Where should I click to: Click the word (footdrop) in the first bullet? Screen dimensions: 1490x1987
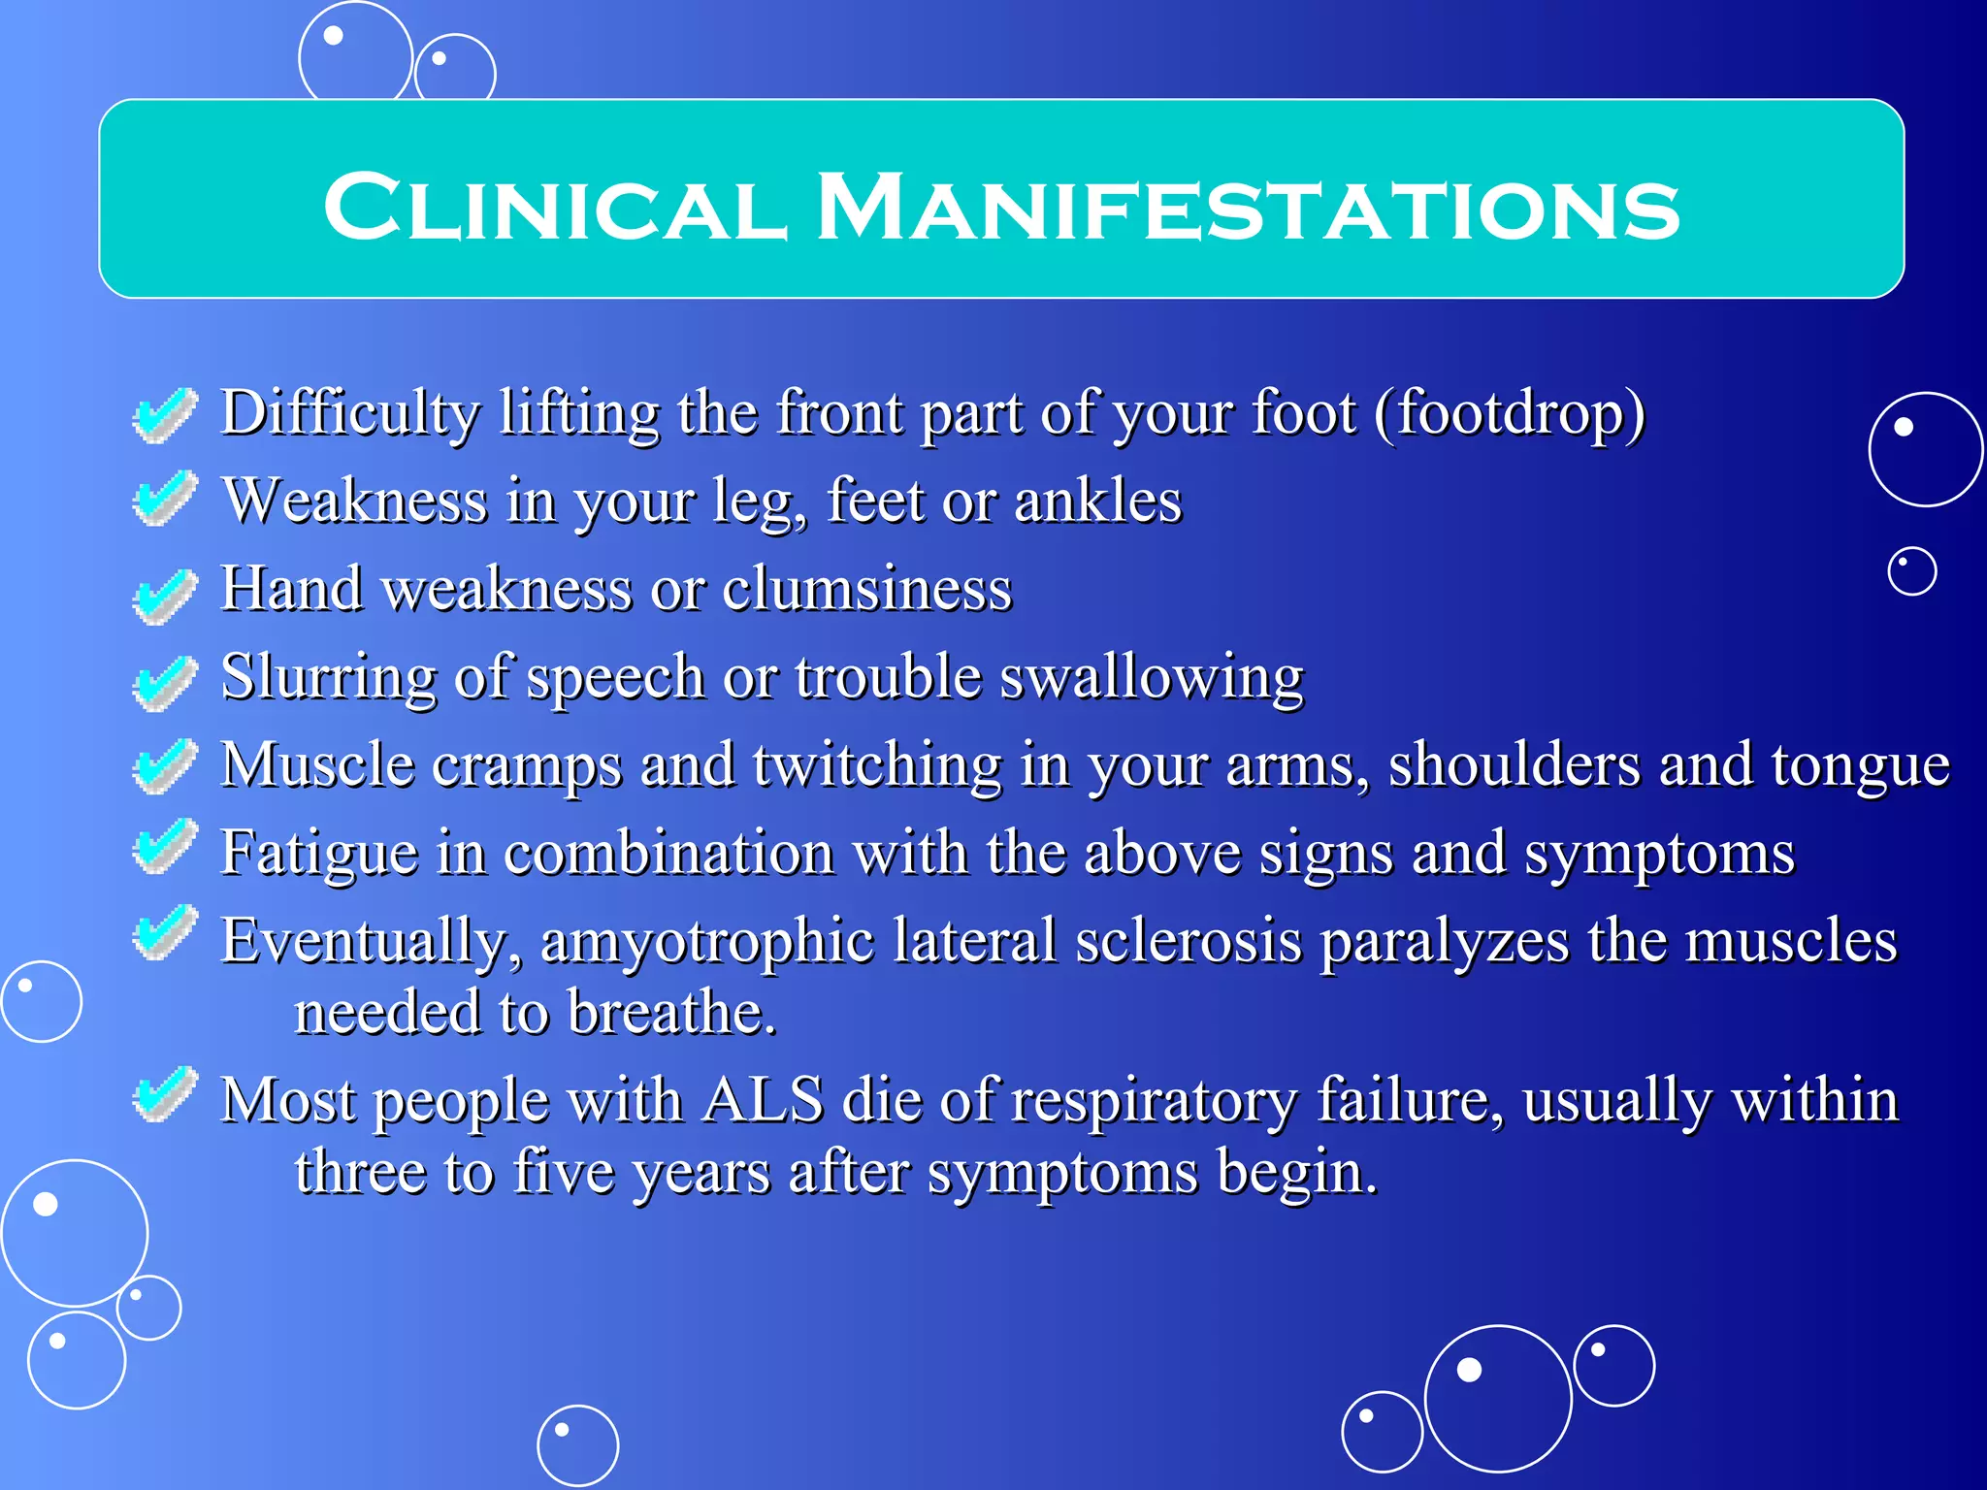pos(1510,413)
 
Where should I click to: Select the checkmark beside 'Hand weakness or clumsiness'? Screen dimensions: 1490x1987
pos(165,593)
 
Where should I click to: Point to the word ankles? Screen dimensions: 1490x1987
pos(1097,502)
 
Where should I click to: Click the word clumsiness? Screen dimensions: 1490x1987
pos(866,589)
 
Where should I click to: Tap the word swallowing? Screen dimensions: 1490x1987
pos(1152,677)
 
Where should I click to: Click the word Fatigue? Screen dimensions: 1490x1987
pos(319,854)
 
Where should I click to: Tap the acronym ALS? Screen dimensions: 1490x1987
pos(764,1101)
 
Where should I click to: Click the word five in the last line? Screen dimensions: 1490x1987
pos(564,1172)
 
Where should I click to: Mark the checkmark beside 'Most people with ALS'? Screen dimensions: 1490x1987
pos(165,1096)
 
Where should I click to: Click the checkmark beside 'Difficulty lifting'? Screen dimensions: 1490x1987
pos(165,415)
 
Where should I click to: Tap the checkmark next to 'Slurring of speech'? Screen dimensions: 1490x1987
pos(165,681)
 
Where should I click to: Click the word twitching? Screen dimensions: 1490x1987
pos(877,765)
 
